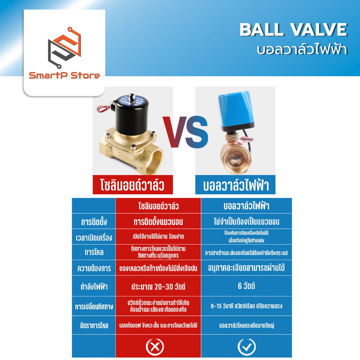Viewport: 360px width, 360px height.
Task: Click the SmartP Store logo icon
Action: (64, 47)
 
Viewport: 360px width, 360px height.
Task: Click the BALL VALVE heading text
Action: (293, 30)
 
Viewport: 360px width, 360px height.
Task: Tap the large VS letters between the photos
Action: (185, 132)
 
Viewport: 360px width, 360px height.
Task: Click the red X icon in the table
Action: (155, 347)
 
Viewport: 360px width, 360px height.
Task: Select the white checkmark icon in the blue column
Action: (246, 347)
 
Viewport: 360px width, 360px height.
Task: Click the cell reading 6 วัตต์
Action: (246, 286)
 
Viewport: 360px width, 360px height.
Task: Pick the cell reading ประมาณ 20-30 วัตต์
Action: (158, 287)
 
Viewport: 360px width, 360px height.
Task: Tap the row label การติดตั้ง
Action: (94, 222)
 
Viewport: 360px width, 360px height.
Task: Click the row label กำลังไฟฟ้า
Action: (94, 287)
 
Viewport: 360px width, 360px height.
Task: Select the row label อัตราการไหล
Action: (94, 325)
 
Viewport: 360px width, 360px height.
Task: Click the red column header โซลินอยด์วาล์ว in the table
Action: (158, 206)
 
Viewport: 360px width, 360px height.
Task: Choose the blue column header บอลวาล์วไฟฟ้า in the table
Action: (246, 206)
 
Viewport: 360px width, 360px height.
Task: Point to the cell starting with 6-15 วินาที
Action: (246, 306)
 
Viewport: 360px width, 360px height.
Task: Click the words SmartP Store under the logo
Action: (64, 76)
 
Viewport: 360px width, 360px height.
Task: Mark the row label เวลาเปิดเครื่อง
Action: (94, 238)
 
